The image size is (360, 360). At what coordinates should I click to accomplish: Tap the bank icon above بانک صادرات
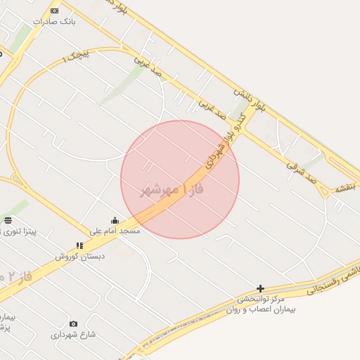tap(55, 11)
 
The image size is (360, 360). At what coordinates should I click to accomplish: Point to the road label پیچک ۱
tap(75, 57)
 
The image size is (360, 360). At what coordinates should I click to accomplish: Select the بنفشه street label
tap(346, 187)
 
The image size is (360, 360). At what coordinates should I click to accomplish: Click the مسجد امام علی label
tap(115, 231)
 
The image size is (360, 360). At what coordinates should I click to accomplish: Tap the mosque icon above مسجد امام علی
tap(115, 221)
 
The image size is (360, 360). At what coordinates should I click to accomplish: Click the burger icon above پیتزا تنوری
tap(8, 220)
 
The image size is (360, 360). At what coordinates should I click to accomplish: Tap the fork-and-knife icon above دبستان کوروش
tap(79, 245)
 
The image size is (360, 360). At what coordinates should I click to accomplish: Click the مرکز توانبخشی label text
tap(260, 299)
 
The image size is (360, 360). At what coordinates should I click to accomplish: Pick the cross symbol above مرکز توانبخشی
tap(260, 288)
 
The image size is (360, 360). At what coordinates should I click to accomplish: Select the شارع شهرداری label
tap(73, 335)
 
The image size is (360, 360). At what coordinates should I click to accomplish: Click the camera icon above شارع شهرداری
tap(73, 324)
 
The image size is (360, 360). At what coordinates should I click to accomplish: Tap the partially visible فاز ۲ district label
tap(11, 276)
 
